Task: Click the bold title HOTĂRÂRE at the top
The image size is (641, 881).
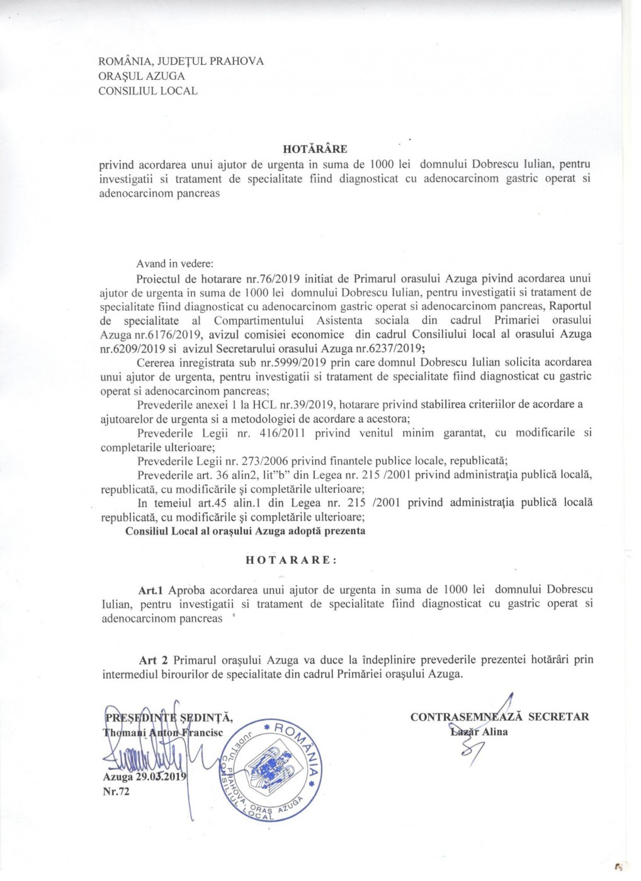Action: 315,150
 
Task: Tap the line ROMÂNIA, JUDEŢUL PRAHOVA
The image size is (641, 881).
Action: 181,61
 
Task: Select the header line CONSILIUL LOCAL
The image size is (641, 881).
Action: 149,91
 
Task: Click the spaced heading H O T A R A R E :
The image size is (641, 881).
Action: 291,560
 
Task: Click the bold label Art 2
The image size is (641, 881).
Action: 154,660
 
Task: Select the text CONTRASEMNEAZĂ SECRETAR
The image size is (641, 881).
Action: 500,717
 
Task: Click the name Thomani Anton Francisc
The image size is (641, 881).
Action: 163,732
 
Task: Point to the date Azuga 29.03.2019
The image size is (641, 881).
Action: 144,777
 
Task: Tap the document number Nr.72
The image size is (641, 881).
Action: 116,792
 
